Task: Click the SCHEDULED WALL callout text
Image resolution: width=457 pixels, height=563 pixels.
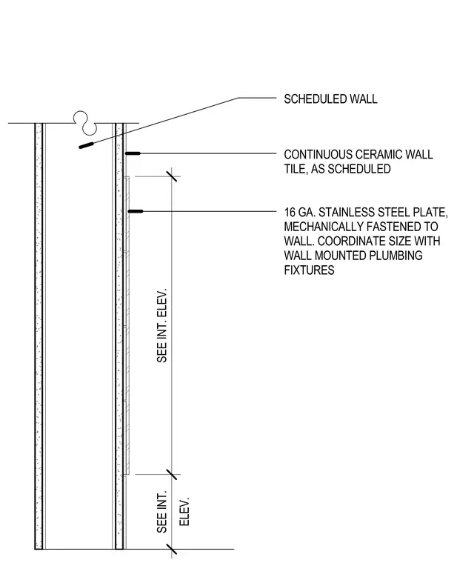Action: [330, 99]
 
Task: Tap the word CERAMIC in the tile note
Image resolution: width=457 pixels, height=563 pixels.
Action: [379, 155]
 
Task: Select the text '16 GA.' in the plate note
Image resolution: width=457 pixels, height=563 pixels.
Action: [300, 213]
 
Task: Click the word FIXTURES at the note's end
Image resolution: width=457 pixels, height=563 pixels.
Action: [309, 270]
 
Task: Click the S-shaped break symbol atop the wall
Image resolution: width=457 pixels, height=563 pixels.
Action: [85, 123]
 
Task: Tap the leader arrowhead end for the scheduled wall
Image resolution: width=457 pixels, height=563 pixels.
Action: [80, 147]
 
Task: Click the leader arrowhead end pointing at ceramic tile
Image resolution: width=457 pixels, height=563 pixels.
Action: [126, 153]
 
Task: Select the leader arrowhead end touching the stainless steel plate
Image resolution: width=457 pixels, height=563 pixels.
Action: [129, 211]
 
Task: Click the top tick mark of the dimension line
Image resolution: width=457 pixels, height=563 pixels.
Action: [172, 176]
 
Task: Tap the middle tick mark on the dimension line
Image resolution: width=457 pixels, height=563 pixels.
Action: [172, 474]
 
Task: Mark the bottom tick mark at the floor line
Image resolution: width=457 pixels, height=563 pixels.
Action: [172, 549]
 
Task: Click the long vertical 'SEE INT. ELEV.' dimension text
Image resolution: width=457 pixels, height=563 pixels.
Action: [162, 325]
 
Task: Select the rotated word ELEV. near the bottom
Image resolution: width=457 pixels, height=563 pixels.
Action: [184, 512]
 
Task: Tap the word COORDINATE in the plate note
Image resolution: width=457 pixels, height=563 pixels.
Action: [364, 241]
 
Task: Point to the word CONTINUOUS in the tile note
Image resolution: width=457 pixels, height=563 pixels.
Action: [318, 155]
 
